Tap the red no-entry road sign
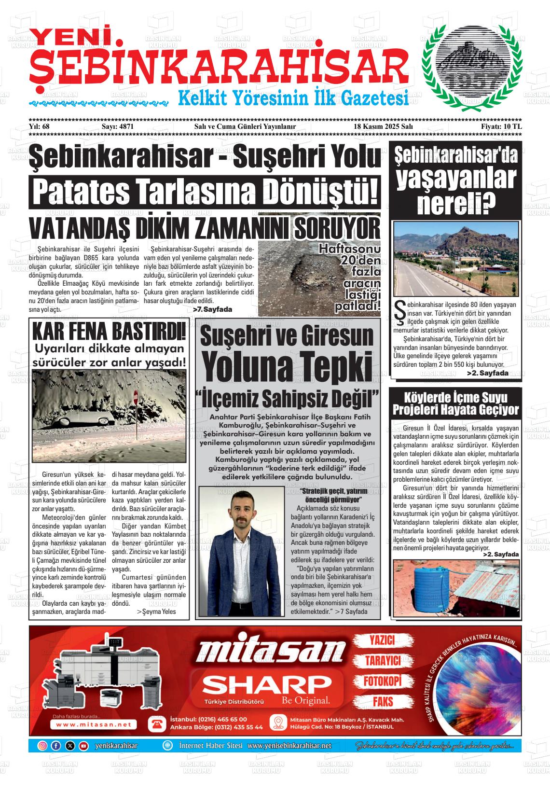tap(136, 398)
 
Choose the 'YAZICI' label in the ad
tap(382, 640)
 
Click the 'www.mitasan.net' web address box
tap(94, 724)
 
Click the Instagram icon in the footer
tap(42, 746)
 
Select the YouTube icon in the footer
tap(83, 746)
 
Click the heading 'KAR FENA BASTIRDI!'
tap(109, 333)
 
